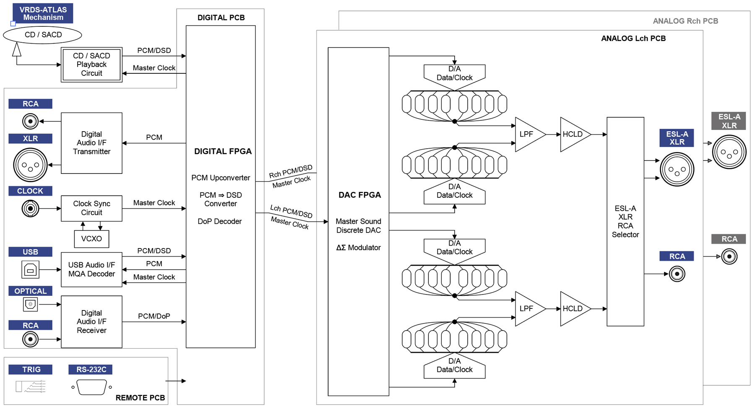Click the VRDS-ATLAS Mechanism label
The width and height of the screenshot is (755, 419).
pyautogui.click(x=43, y=13)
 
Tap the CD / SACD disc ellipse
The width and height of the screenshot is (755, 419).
pyautogui.click(x=42, y=35)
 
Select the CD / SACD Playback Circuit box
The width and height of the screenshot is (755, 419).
pyautogui.click(x=91, y=65)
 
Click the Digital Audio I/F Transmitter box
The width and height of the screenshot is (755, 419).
pyautogui.click(x=91, y=143)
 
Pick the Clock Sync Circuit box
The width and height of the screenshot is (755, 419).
pyautogui.click(x=91, y=208)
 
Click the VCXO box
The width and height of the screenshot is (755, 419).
pyautogui.click(x=91, y=239)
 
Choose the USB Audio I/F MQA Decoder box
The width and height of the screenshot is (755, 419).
pyautogui.click(x=91, y=269)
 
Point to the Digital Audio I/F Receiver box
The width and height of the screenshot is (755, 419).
pyautogui.click(x=91, y=322)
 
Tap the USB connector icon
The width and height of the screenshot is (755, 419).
pyautogui.click(x=30, y=270)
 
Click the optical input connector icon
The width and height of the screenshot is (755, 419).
pyautogui.click(x=30, y=304)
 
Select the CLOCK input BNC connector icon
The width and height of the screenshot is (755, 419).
pyautogui.click(x=30, y=208)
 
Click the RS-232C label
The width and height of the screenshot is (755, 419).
pyautogui.click(x=91, y=370)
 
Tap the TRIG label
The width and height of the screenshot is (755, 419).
pyautogui.click(x=31, y=370)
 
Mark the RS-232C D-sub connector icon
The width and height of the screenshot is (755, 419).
pyautogui.click(x=91, y=387)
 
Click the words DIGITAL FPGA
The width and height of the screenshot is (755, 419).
pyautogui.click(x=223, y=151)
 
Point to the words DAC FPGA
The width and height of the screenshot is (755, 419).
pyautogui.click(x=359, y=195)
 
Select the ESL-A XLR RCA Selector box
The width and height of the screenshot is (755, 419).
pyautogui.click(x=625, y=221)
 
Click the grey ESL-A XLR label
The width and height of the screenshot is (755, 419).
pyautogui.click(x=729, y=121)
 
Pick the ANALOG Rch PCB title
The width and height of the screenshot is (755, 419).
pyautogui.click(x=685, y=21)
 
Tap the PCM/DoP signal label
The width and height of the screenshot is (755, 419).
pyautogui.click(x=154, y=316)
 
